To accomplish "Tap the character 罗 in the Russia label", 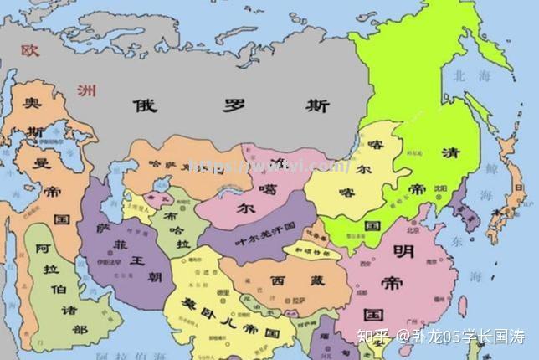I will click(232, 106).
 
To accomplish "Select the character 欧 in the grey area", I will click(30, 51).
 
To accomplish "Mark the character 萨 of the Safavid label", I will click(103, 227).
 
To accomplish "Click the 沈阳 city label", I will click(438, 189).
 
